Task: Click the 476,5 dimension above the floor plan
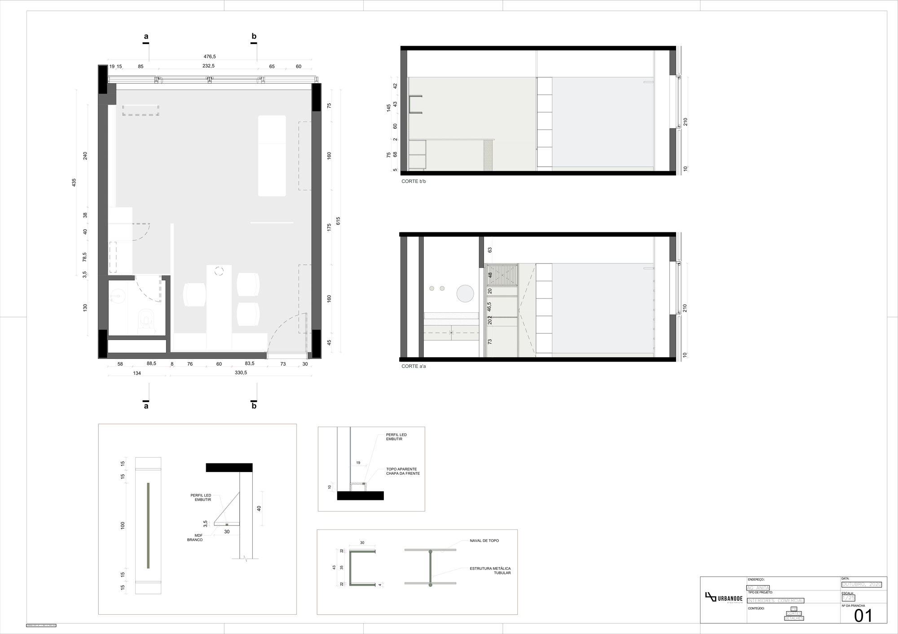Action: (x=210, y=57)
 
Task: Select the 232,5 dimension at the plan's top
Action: (x=208, y=66)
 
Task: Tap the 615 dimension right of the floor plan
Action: (x=338, y=221)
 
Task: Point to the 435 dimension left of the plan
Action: (x=74, y=183)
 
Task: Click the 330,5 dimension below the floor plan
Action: (x=241, y=372)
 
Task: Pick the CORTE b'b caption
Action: (x=414, y=181)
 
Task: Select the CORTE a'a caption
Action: (x=414, y=366)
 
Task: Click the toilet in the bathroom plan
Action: (x=145, y=319)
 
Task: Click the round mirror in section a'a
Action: (x=465, y=293)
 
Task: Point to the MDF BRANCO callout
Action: (x=195, y=538)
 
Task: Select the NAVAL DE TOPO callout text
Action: (x=484, y=541)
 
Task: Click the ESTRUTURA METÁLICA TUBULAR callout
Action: (x=490, y=570)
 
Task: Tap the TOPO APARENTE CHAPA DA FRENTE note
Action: (x=403, y=471)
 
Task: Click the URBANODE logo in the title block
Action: (x=723, y=599)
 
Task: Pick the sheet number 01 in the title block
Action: (x=863, y=616)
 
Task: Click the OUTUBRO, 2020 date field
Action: (x=862, y=584)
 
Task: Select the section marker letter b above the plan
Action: (x=254, y=36)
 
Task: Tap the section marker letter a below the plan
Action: (x=146, y=406)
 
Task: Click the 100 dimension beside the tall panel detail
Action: (x=123, y=525)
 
